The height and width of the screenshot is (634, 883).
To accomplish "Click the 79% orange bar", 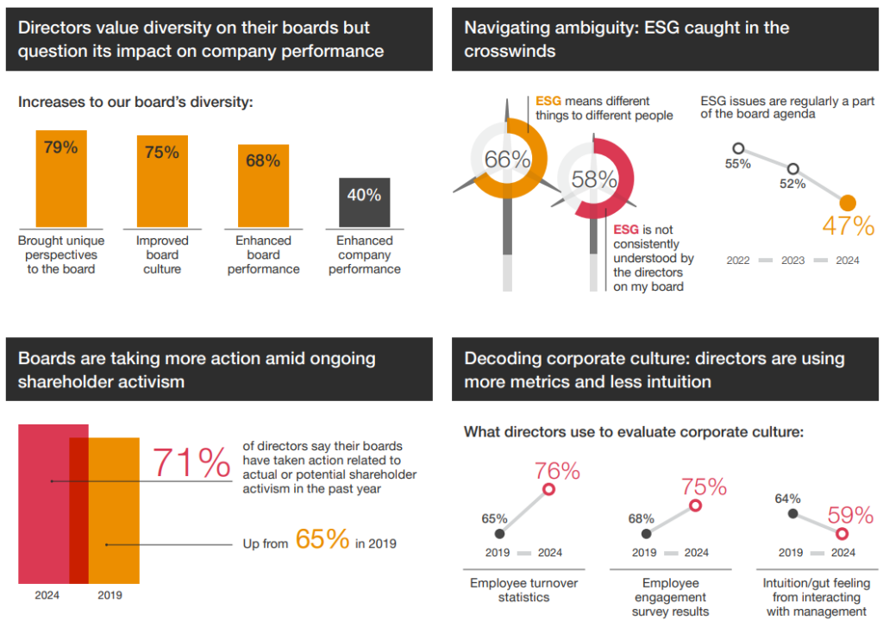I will [60, 181].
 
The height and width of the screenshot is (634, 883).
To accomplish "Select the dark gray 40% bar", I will [364, 204].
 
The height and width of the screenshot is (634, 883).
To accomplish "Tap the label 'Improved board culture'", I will [162, 254].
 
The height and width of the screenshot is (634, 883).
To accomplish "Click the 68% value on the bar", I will [263, 160].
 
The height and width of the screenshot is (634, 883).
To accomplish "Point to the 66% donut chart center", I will [507, 160].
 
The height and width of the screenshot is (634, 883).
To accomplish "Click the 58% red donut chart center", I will [594, 179].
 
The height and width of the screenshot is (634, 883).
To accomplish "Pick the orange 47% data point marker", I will [848, 203].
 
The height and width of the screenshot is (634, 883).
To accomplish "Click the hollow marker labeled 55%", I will [738, 148].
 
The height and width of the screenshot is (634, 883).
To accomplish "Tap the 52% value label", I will [792, 184].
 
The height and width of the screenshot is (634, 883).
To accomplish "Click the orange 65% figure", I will [322, 539].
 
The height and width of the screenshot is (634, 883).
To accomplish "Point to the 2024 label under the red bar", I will [47, 595].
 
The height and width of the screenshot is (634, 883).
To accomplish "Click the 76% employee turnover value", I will [557, 471].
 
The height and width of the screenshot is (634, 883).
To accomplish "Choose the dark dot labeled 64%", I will [793, 514].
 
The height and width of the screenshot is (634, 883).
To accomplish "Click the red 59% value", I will [850, 515].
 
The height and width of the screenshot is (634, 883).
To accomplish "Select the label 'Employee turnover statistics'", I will [523, 590].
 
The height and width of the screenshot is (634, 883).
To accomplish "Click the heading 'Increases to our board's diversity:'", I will [135, 102].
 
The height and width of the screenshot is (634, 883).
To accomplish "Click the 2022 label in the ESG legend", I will [738, 260].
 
